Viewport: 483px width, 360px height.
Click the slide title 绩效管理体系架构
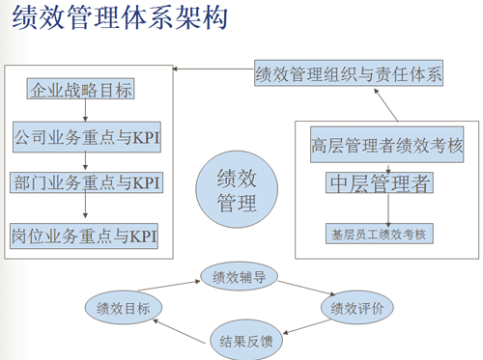pos(121,20)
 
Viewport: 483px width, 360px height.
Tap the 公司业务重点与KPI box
pos(87,137)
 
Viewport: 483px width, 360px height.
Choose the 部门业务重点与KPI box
pos(87,183)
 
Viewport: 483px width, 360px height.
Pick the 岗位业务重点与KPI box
pos(85,235)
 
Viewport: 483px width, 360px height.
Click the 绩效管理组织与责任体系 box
pos(349,73)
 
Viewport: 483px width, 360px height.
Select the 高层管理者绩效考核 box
pos(387,148)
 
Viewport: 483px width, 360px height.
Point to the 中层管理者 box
pos(380,182)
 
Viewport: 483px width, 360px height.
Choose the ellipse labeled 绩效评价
pos(357,308)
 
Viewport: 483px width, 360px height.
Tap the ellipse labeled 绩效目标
pos(124,308)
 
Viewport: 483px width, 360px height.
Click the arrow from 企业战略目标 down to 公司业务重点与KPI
pos(85,113)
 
